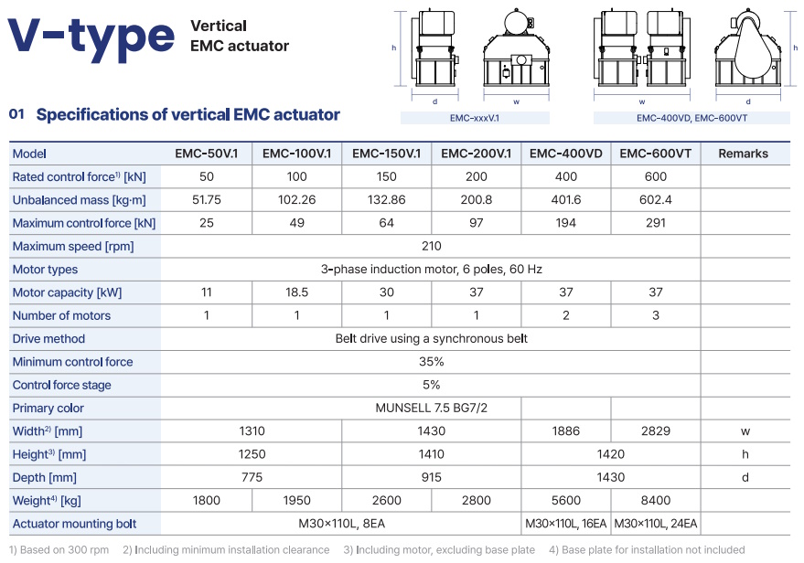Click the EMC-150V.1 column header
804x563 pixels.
point(386,154)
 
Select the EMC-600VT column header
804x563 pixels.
point(655,154)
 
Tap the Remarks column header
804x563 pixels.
point(743,154)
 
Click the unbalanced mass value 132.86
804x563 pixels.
point(386,200)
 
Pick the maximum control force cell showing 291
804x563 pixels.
point(655,223)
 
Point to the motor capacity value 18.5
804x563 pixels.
point(296,292)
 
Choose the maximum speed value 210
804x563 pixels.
point(431,246)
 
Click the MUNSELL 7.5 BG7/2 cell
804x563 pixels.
point(431,408)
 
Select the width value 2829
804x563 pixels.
point(655,430)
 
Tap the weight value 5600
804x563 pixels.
point(565,500)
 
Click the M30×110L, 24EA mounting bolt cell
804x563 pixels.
point(655,524)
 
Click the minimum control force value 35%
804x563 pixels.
point(431,362)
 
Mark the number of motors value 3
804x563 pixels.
point(655,315)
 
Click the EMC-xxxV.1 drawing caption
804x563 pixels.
point(475,118)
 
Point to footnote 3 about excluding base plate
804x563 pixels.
point(439,549)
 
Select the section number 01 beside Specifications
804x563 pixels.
point(16,114)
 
